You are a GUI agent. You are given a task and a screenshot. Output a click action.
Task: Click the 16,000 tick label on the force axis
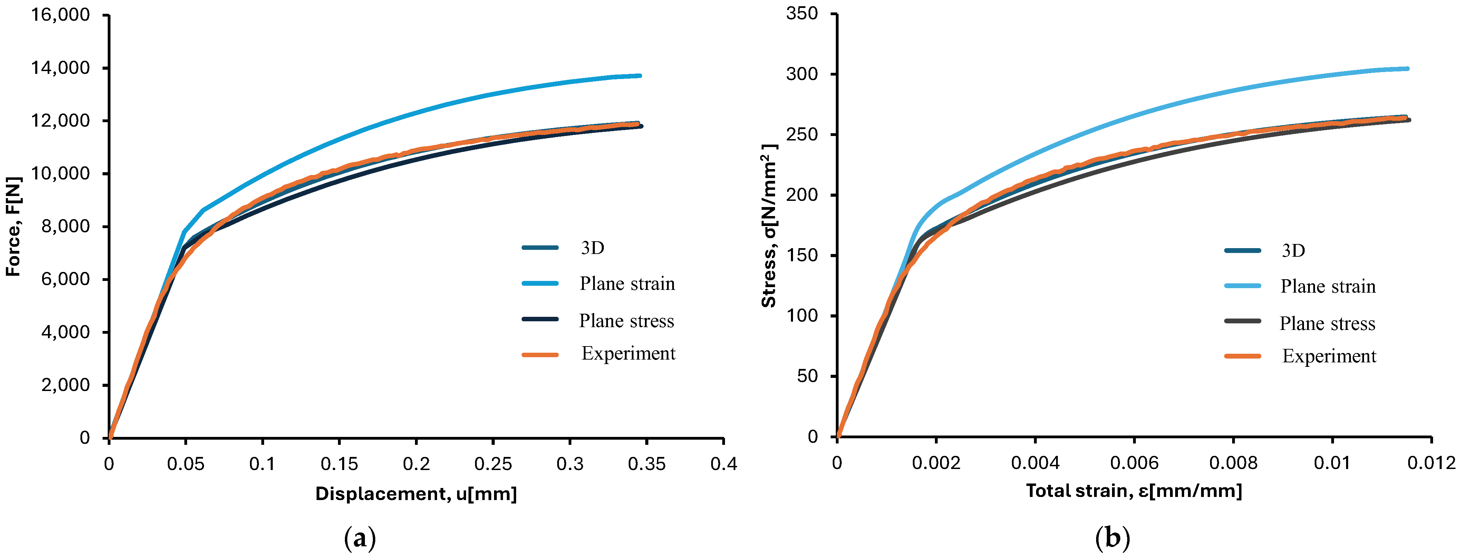61,15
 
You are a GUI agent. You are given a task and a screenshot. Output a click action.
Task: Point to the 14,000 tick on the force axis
61,68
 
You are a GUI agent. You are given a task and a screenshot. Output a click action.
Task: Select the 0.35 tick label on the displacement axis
646,464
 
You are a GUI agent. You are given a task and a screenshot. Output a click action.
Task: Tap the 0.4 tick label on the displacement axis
724,464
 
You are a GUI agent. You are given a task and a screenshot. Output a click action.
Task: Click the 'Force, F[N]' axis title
13,227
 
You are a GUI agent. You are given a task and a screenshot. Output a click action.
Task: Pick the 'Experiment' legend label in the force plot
628,354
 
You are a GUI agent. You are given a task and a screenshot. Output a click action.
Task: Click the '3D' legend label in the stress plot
1293,251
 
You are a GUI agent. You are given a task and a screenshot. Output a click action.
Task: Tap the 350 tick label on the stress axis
801,13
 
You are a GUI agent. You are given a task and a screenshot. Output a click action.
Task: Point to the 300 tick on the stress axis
801,74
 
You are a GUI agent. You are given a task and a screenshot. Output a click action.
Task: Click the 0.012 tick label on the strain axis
1431,463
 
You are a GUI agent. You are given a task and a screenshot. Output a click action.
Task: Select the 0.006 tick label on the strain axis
1134,463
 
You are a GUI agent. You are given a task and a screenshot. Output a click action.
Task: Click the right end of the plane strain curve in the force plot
640,75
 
